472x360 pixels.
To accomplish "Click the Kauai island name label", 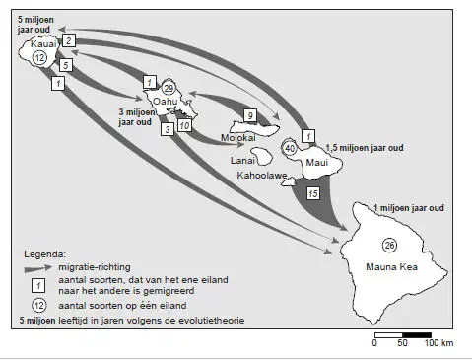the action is [x=43, y=44].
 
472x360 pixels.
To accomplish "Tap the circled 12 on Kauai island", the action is [x=39, y=58].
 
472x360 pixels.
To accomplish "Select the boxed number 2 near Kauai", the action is [x=69, y=40].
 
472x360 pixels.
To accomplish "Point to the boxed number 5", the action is [x=66, y=65].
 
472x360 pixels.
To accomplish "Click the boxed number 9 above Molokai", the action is [x=250, y=115].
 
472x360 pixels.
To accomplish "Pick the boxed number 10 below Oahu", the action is [x=184, y=125].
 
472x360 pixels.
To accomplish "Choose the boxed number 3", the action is [x=168, y=129].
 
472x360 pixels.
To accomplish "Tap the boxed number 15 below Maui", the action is [x=313, y=193].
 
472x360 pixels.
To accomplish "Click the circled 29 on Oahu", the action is [x=169, y=89].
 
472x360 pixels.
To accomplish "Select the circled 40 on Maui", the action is [x=290, y=148].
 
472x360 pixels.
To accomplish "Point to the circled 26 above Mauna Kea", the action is [x=389, y=246].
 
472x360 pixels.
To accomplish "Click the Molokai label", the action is [x=238, y=137].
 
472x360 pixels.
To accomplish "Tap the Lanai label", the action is [x=242, y=161].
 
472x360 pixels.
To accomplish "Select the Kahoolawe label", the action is [x=262, y=176].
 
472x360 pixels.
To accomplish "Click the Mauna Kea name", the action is [x=391, y=266].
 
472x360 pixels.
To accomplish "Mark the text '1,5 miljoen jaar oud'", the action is [x=365, y=148].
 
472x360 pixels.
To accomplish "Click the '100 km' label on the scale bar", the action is [x=439, y=343].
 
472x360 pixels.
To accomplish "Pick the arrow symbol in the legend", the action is [x=38, y=268].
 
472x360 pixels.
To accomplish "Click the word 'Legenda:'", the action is [x=45, y=254].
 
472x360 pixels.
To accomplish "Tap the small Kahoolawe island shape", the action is [x=288, y=181].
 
